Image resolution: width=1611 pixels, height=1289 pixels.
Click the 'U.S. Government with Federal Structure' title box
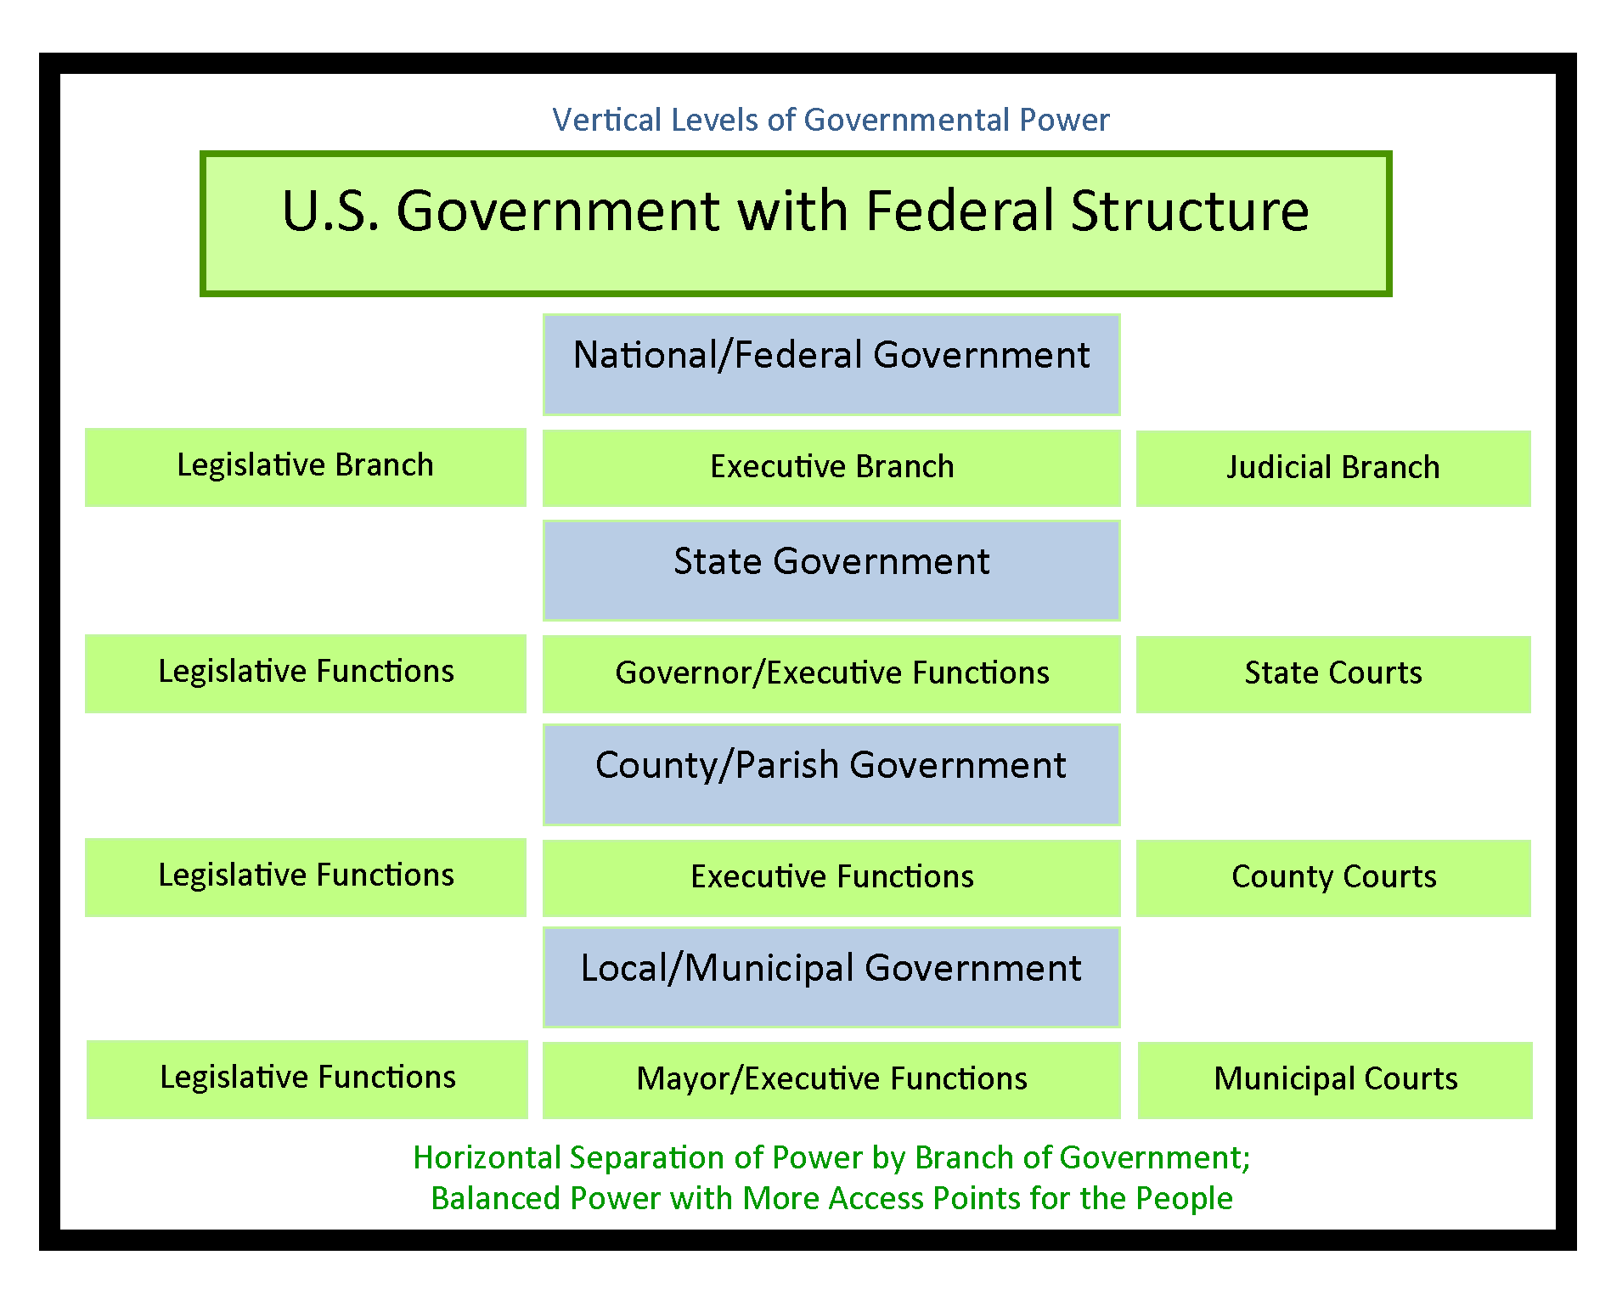coord(796,224)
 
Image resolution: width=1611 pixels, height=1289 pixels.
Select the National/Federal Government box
coord(831,364)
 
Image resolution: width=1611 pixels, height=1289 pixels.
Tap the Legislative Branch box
coord(306,467)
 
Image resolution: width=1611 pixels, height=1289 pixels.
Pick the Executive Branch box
coord(831,468)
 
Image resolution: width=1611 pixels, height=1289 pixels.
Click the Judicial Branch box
coord(1333,469)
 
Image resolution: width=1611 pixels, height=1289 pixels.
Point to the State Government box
coord(831,570)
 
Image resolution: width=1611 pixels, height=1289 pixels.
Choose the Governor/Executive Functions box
coord(831,673)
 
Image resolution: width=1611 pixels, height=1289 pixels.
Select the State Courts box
coord(1333,674)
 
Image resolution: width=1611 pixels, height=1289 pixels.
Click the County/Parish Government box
coord(831,774)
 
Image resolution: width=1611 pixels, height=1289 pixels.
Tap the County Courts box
coord(1333,878)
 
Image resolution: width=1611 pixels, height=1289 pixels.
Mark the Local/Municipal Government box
coord(831,977)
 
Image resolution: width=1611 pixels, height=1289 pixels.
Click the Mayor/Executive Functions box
coord(831,1079)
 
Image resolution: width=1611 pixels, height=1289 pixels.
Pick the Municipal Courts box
coord(1335,1079)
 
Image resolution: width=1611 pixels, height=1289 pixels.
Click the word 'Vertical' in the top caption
coord(606,121)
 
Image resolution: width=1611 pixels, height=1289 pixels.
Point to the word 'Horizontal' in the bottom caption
coord(487,1158)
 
